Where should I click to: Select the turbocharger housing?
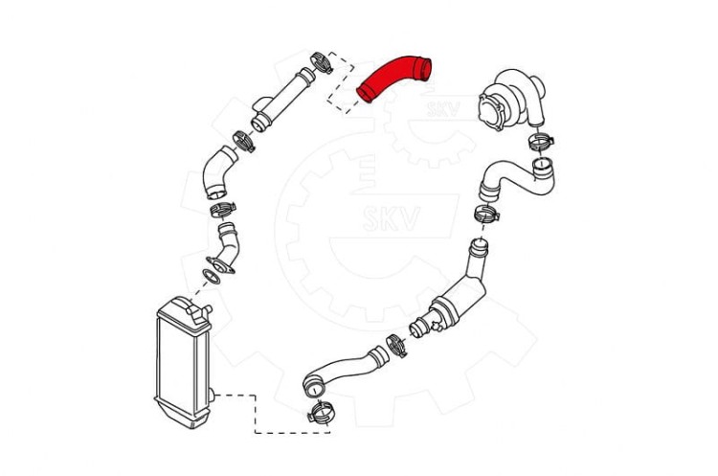510,99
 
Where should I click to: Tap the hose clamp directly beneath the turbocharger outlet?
540,141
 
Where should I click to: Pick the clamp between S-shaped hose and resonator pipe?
485,214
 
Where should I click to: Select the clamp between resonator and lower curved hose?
396,346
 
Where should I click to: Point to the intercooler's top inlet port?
200,313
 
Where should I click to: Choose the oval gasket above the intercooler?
212,277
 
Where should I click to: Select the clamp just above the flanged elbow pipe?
223,210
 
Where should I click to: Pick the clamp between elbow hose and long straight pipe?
243,141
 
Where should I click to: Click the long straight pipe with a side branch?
281,99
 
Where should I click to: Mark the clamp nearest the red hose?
322,63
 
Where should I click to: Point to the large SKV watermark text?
391,218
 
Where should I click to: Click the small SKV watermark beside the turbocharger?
443,108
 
